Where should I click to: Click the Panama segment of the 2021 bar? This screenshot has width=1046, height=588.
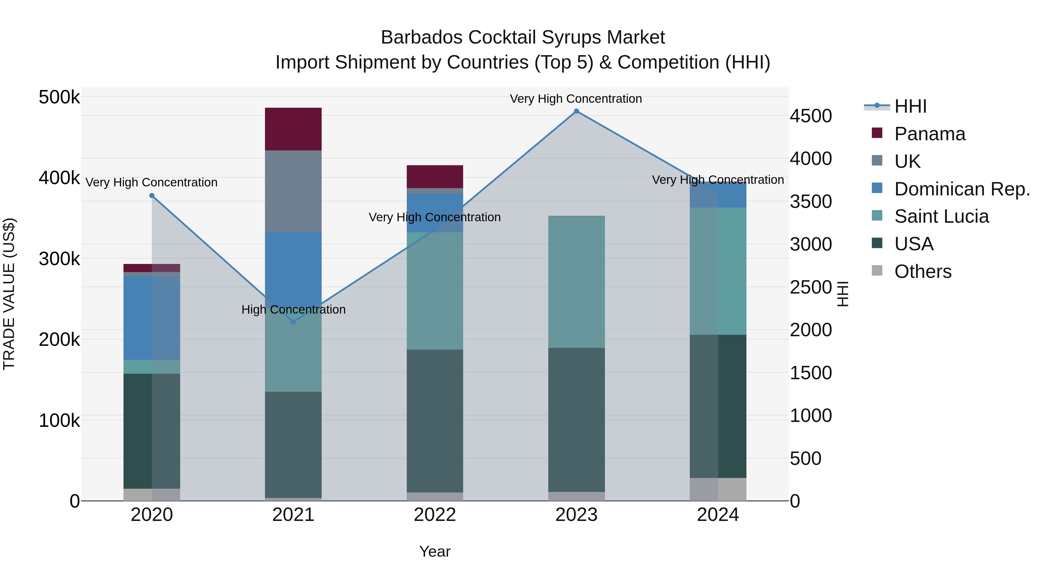[293, 129]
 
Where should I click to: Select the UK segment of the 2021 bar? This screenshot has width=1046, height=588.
[293, 191]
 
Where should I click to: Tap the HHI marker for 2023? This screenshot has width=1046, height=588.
[576, 111]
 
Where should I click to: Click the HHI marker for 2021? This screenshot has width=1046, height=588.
[293, 322]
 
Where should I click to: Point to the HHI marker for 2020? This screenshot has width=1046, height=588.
[152, 196]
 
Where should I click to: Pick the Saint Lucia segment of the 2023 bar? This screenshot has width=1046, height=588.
[576, 282]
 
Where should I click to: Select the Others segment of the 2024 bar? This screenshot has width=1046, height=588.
[718, 489]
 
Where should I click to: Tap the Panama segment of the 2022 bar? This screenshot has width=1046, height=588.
[435, 177]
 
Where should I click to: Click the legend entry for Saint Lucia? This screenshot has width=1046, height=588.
[941, 216]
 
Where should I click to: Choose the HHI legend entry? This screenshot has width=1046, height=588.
[909, 106]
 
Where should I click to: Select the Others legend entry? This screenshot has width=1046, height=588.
[923, 271]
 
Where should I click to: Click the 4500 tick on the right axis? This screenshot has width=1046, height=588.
[810, 116]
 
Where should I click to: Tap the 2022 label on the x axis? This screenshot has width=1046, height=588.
[435, 515]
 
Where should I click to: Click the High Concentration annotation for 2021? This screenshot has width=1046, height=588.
[293, 310]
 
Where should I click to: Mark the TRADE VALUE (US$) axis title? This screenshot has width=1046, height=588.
[9, 294]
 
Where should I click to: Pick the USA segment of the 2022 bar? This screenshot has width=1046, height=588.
[435, 420]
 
